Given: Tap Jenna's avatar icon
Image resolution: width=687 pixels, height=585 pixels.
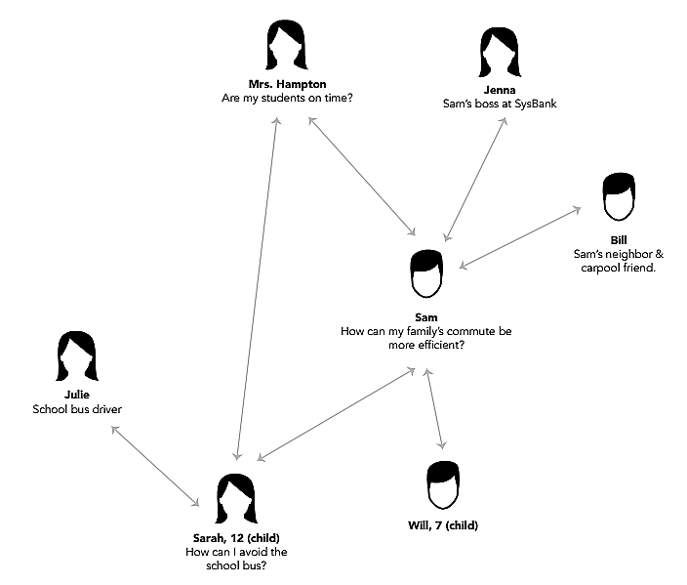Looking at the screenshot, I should [x=500, y=53].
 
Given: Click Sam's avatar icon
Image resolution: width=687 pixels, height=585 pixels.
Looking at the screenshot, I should [x=425, y=274].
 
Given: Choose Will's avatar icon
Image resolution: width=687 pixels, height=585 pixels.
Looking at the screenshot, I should [x=443, y=484].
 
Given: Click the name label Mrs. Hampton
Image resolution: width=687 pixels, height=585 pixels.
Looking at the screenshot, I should [x=287, y=85].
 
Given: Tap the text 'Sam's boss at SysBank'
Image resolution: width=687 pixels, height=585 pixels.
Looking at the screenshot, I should [x=499, y=103].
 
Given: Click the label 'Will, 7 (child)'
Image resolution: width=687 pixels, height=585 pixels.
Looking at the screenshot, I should [x=443, y=525].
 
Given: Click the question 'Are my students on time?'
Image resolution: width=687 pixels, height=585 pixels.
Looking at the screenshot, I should [x=287, y=99].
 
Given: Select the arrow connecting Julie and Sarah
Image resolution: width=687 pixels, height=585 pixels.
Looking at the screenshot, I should [x=156, y=466].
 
